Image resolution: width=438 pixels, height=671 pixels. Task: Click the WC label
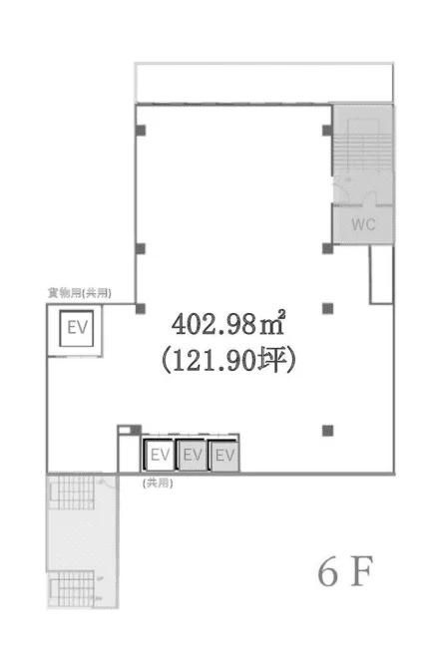[363, 224]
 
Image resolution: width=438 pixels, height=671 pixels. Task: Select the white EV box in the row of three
[159, 456]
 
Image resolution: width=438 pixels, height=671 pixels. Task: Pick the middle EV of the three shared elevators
[193, 456]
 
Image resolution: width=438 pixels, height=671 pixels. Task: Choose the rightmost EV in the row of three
[224, 456]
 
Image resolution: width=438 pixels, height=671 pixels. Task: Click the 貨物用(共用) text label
[79, 293]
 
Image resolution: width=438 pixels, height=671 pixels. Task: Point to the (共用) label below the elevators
[157, 482]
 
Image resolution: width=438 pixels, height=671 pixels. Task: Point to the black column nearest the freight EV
[141, 307]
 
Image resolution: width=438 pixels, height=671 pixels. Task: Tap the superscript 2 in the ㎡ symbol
[282, 313]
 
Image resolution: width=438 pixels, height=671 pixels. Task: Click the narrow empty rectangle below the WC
[379, 274]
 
